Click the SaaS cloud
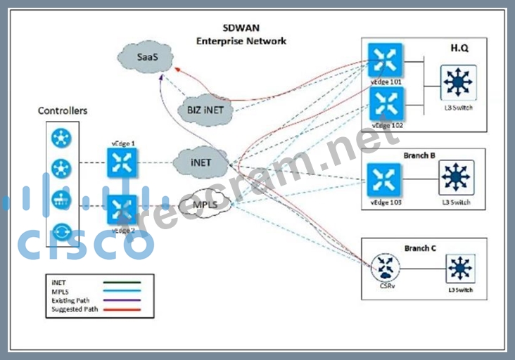[x=146, y=53]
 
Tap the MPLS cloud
[x=206, y=205]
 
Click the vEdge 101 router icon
[x=386, y=60]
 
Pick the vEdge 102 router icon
[x=386, y=104]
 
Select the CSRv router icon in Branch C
[x=385, y=266]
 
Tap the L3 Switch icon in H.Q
[x=459, y=83]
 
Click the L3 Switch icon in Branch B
[x=457, y=178]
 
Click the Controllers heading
[x=63, y=111]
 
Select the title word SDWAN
[x=242, y=29]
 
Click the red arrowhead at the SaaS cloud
[x=178, y=69]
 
